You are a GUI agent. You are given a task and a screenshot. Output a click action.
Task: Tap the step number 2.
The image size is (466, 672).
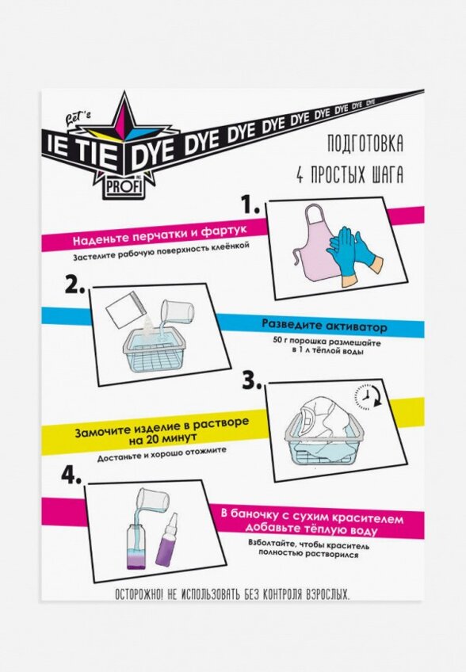[75, 284]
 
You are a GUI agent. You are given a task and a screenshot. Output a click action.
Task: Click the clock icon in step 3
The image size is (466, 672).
[366, 396]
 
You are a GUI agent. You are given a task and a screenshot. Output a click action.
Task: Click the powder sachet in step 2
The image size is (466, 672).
[123, 309]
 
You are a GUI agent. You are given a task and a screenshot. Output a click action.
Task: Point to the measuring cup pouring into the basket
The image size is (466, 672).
[177, 311]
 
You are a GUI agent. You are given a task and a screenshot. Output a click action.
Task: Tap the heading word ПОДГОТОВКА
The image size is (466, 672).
[365, 144]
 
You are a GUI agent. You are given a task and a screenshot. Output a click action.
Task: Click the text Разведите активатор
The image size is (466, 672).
[324, 325]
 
